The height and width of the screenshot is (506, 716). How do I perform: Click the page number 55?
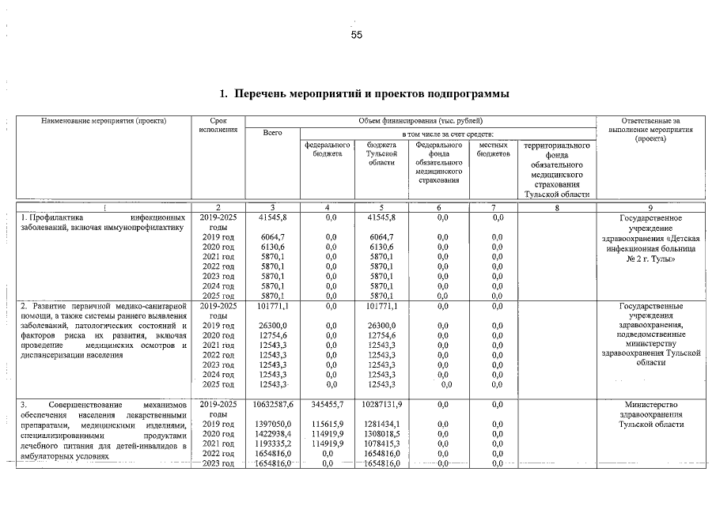[x=357, y=35]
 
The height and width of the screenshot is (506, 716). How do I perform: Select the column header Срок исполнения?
[x=219, y=125]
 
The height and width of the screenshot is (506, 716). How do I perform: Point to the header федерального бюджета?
[x=327, y=150]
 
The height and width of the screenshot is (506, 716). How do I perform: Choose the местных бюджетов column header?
[x=493, y=150]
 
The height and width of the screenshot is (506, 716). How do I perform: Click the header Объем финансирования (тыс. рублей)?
[x=419, y=120]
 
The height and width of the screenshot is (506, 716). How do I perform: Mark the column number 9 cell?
[x=656, y=208]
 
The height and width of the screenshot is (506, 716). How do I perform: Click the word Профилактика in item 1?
[x=52, y=217]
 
